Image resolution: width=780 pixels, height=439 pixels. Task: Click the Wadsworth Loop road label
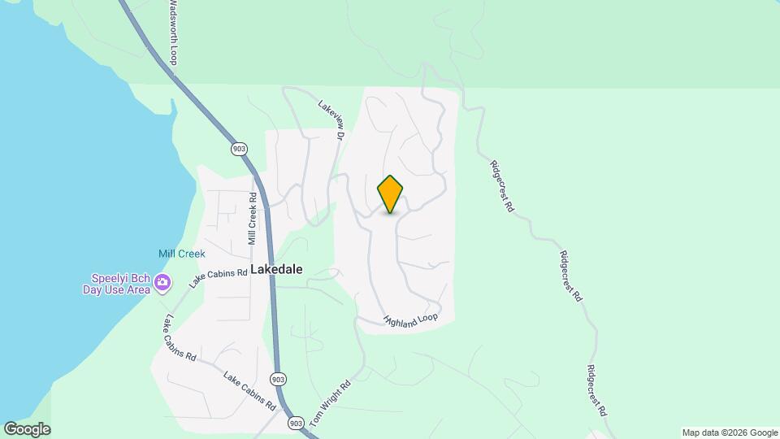[173, 33]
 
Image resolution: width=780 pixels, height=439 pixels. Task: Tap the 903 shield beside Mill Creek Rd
[238, 149]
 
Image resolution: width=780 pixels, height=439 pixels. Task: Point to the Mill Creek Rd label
[253, 219]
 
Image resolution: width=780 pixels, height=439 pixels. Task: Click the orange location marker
[391, 193]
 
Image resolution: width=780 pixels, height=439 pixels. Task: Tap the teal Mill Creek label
[182, 254]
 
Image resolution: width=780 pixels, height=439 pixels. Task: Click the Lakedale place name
[276, 269]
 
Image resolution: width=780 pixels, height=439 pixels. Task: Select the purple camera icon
[162, 283]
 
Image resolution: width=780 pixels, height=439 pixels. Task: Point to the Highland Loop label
[411, 321]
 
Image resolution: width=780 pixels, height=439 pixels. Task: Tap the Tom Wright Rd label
[331, 404]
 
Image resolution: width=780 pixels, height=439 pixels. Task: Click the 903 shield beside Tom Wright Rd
[295, 423]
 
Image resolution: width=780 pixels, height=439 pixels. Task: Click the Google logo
[27, 429]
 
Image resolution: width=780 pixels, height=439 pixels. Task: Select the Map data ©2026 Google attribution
[730, 432]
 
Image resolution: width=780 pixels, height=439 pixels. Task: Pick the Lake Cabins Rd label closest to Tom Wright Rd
[249, 391]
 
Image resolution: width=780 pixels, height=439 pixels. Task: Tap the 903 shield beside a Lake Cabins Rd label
[278, 379]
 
